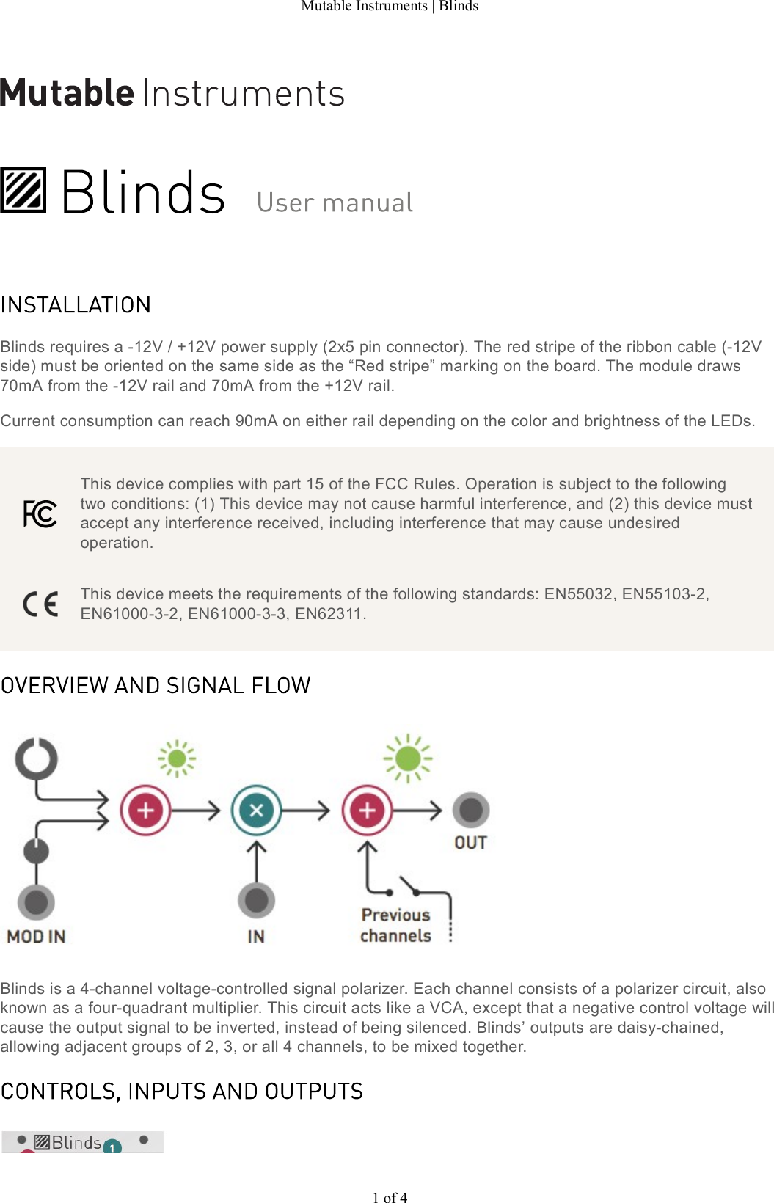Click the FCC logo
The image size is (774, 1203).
(x=40, y=513)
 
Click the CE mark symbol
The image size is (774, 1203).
(x=40, y=604)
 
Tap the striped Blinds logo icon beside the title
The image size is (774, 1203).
(x=23, y=190)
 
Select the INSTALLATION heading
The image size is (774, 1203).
(x=76, y=305)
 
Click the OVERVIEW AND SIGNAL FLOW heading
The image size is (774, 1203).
(x=156, y=685)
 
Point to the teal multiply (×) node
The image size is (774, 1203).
(x=256, y=811)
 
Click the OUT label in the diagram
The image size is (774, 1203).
(x=470, y=843)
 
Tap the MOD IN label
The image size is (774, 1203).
(x=36, y=937)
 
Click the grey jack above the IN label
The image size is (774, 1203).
(x=256, y=900)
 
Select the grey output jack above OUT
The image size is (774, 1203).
(x=471, y=810)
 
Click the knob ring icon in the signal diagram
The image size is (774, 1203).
(x=37, y=758)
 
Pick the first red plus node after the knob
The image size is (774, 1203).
(x=145, y=811)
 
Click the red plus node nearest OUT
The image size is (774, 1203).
(x=367, y=811)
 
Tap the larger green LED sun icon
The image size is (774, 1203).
(x=408, y=758)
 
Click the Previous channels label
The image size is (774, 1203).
(x=395, y=925)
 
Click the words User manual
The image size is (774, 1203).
(x=335, y=203)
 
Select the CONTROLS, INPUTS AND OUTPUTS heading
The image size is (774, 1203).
(x=182, y=1092)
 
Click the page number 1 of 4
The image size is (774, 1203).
(x=390, y=1197)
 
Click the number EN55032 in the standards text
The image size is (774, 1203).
(x=578, y=594)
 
